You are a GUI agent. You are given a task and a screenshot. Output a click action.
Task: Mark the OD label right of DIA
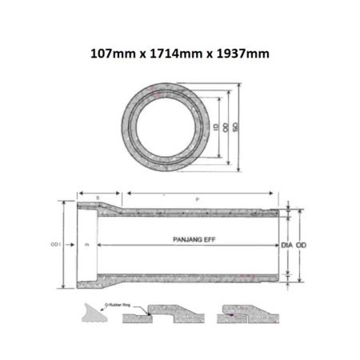[x=302, y=243]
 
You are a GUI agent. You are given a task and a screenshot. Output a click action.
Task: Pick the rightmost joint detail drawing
[x=250, y=314]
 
